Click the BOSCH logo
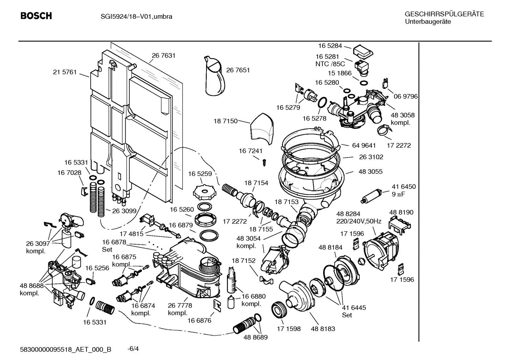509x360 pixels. point(36,16)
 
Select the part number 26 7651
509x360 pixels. point(238,70)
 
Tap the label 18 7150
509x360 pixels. point(225,121)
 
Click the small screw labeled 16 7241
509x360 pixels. point(263,162)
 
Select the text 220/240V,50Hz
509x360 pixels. point(359,222)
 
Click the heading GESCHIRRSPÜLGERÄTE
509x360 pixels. point(444,14)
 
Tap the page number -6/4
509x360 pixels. point(133,349)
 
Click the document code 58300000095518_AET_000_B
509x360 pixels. point(66,349)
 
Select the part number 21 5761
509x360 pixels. point(65,72)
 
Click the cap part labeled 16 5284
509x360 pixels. point(363,52)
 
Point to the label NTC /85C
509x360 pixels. point(330,64)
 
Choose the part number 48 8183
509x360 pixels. point(323,329)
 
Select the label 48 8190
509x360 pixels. point(401,212)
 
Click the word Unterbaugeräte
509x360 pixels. point(427,22)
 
